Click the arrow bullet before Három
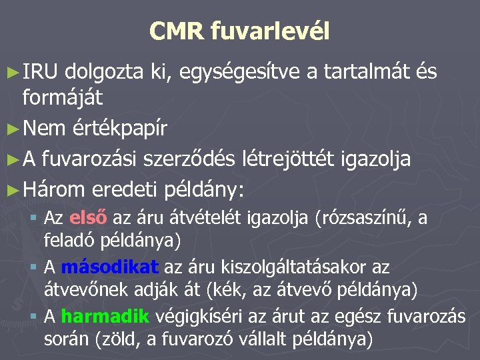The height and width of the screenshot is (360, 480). (x=13, y=190)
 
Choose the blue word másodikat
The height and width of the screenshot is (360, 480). (x=110, y=267)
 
